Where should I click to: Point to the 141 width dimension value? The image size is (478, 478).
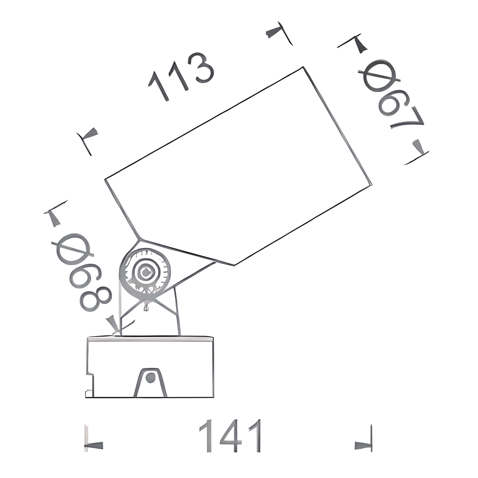coord(230,436)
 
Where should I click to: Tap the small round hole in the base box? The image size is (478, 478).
coord(150,377)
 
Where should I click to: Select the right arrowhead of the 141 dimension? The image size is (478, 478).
coord(363,445)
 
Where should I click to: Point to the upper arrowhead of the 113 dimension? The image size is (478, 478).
coord(275,32)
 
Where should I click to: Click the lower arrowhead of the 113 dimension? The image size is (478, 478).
coord(90,134)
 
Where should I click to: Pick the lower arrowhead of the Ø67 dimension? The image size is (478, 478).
coord(419,147)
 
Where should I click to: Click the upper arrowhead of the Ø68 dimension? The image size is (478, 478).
coord(54,218)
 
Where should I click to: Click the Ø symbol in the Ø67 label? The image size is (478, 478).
coord(379,76)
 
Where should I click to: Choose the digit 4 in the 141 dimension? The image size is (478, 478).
coord(230,436)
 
